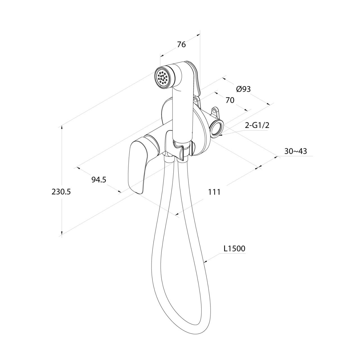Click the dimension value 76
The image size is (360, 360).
(x=181, y=45)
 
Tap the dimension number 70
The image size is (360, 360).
(x=230, y=100)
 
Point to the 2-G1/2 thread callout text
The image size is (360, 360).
(x=257, y=125)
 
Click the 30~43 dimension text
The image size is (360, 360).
(x=296, y=151)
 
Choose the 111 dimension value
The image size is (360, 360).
(x=214, y=192)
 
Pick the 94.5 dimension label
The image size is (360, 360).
(x=99, y=180)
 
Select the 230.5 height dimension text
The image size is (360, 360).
(x=61, y=192)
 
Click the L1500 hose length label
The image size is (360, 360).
(x=234, y=249)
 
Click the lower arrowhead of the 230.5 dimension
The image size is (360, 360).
(x=62, y=232)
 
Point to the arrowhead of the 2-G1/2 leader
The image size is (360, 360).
(x=220, y=135)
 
